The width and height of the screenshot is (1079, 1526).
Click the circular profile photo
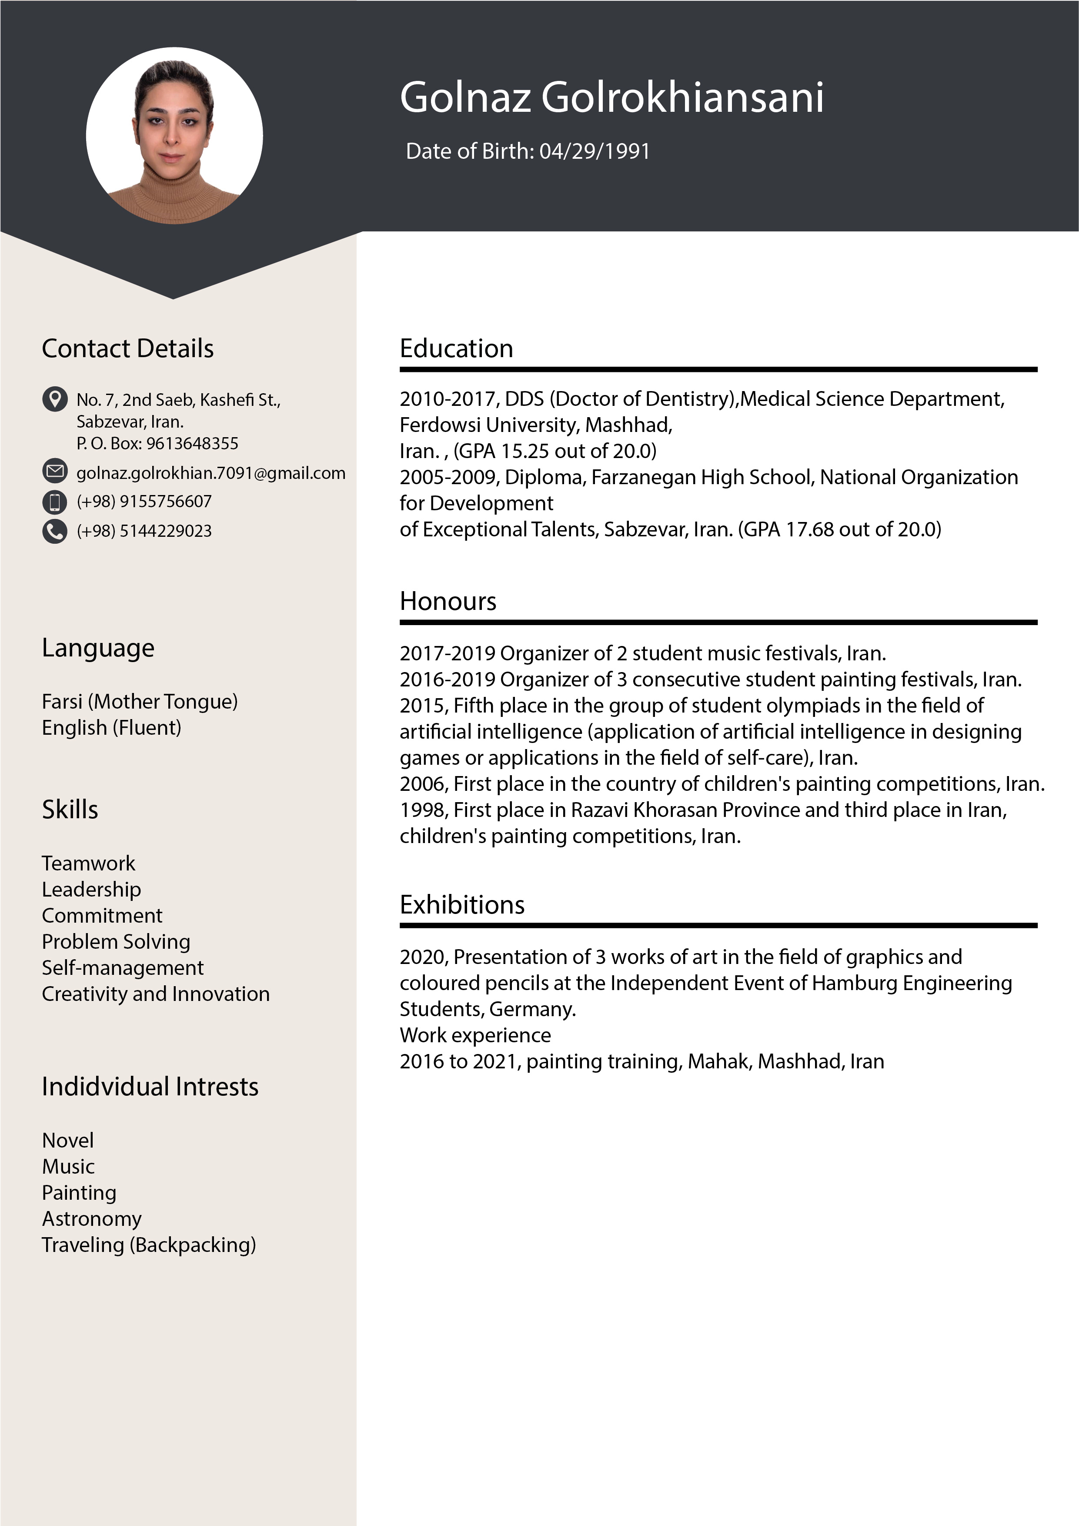[x=174, y=136]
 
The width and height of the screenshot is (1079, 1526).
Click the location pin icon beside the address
[x=54, y=399]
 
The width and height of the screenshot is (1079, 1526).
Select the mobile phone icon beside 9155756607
[x=54, y=502]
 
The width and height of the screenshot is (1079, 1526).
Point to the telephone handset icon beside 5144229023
[x=54, y=531]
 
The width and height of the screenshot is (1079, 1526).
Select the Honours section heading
[x=448, y=601]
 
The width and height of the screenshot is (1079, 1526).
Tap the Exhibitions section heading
[x=462, y=904]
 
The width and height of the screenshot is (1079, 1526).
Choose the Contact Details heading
[x=127, y=348]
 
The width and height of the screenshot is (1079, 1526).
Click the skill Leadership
[x=91, y=889]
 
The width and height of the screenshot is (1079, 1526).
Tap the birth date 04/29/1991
[x=594, y=151]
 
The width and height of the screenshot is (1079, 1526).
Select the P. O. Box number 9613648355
[x=192, y=443]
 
